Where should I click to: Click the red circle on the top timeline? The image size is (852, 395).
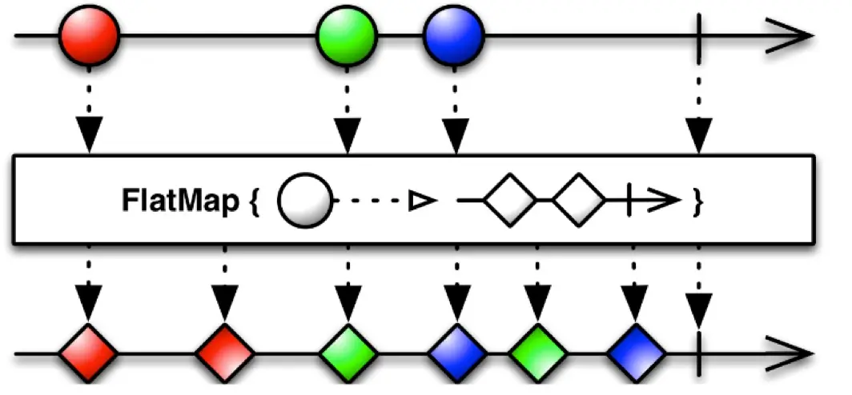click(89, 37)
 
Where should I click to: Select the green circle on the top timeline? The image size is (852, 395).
click(346, 37)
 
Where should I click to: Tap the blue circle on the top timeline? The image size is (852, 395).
click(454, 37)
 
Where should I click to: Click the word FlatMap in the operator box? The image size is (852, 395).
click(179, 201)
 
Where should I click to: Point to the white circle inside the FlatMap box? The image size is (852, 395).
click(304, 201)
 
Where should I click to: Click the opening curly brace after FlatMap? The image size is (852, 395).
click(253, 202)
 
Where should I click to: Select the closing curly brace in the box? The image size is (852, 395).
click(697, 202)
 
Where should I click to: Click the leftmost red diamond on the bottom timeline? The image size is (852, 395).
click(88, 352)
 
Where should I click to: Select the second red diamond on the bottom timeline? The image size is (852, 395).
click(224, 352)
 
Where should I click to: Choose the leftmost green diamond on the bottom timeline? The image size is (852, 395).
click(347, 352)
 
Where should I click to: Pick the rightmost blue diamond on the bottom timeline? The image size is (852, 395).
click(636, 352)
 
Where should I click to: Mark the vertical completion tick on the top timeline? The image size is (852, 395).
click(700, 37)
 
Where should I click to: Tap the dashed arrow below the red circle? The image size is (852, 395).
click(89, 112)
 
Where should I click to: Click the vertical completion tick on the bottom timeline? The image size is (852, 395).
click(700, 352)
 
